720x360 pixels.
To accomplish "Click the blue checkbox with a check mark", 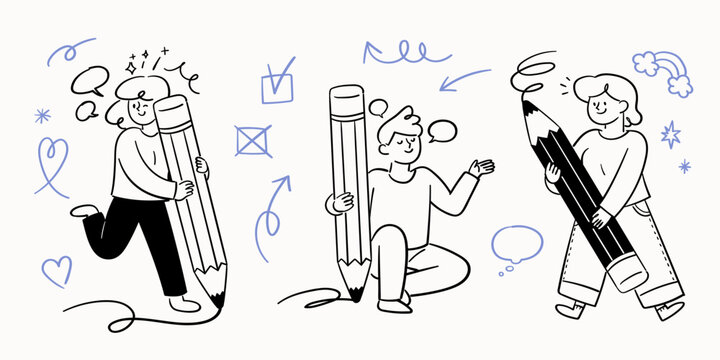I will (x=278, y=82).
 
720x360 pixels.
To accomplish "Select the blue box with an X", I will (x=253, y=140).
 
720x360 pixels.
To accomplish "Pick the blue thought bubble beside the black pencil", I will (x=516, y=243).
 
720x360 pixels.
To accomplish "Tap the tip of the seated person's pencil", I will (x=355, y=292).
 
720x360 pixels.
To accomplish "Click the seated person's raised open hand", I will (x=482, y=168).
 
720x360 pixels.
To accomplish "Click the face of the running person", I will (x=140, y=106).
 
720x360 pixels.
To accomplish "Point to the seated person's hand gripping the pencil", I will (x=342, y=201).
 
